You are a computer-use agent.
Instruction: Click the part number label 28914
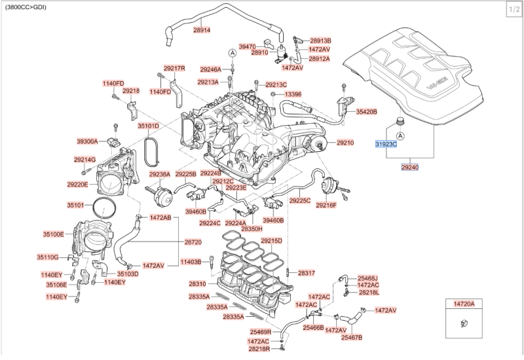[x=202, y=30]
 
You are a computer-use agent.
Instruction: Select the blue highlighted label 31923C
[x=386, y=144]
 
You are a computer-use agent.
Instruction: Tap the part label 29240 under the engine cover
[x=410, y=168]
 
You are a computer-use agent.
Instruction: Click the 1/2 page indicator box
[x=514, y=10]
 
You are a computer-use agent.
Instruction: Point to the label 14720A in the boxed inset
[x=464, y=304]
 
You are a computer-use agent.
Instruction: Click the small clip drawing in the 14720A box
[x=464, y=323]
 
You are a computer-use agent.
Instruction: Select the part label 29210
[x=345, y=143]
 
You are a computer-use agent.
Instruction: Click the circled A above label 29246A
[x=233, y=53]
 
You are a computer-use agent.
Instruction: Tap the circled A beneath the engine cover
[x=400, y=135]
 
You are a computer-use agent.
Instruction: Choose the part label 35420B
[x=366, y=112]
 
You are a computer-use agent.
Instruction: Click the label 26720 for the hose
[x=193, y=242]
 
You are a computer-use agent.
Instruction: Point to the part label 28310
[x=198, y=284]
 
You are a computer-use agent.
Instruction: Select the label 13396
[x=293, y=94]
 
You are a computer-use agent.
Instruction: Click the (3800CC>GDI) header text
[x=26, y=7]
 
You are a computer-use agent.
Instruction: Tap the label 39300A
[x=87, y=141]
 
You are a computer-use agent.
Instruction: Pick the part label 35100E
[x=54, y=234]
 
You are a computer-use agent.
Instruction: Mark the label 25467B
[x=352, y=338]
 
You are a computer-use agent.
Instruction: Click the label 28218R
[x=259, y=349]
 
